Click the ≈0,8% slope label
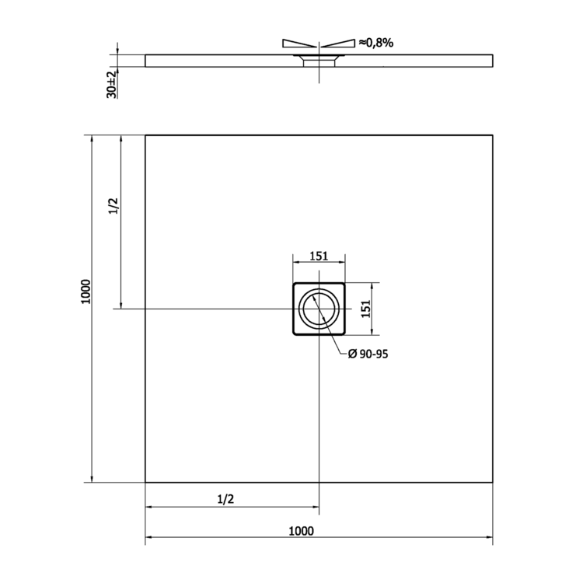tap(376, 43)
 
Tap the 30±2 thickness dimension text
tap(112, 85)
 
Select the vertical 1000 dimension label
tap(86, 291)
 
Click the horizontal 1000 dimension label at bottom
tap(301, 531)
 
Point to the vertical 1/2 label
tap(113, 206)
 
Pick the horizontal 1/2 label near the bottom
tap(225, 499)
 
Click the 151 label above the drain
tap(319, 257)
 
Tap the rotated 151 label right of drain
tap(366, 309)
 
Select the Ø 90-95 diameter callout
tap(368, 354)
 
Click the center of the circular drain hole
tap(319, 309)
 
